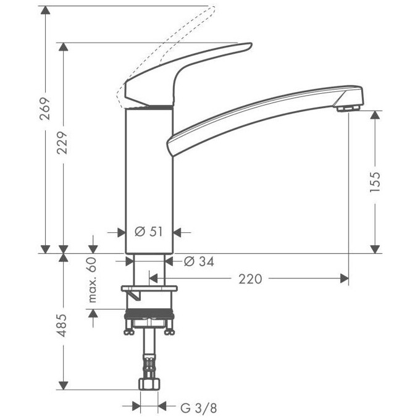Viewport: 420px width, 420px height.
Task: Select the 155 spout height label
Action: [376, 182]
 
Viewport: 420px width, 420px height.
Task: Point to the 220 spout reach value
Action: [250, 279]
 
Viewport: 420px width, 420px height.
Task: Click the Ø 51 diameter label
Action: [148, 232]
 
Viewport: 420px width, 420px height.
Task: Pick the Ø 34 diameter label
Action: [198, 262]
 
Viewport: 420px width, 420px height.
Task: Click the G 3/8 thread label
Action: [198, 408]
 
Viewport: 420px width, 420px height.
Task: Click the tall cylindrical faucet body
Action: [148, 179]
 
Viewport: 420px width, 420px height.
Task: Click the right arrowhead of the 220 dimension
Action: [344, 279]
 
